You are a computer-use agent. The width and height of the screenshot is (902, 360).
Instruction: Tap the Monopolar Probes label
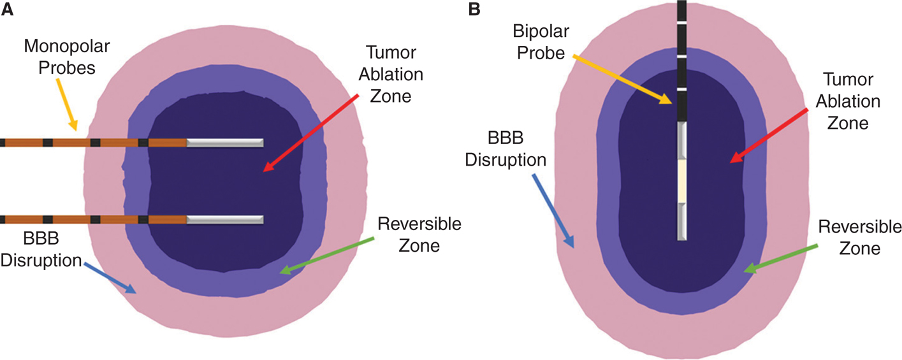[x=60, y=55]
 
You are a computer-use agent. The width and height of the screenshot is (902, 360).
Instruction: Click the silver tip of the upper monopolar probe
[x=224, y=143]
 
